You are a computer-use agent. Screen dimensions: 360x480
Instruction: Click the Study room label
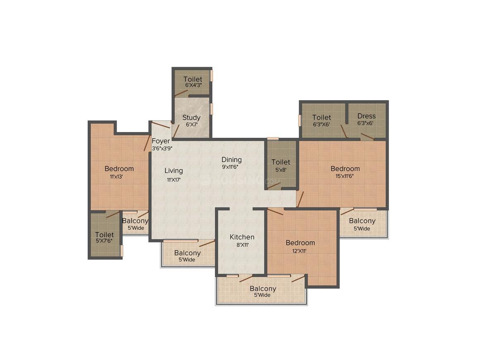[191, 118]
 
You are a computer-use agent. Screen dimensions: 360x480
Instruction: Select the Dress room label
[366, 116]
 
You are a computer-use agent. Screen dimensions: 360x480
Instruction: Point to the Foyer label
[161, 141]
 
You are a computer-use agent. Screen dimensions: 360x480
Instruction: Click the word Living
[173, 170]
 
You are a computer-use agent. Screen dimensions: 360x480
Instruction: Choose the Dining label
[231, 160]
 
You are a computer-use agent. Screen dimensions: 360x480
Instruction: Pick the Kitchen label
[242, 237]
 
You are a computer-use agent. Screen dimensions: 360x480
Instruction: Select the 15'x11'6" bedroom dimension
[345, 176]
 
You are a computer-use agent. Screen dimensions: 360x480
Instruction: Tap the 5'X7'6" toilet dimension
[104, 241]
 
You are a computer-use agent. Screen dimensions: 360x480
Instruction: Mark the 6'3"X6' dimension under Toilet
[322, 124]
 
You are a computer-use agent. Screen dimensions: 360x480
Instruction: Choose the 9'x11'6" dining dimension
[231, 167]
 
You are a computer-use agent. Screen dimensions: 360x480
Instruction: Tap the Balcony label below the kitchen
[263, 288]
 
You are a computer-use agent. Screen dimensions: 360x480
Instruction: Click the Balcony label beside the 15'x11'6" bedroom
[362, 221]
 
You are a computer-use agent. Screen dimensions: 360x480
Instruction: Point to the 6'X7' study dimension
[191, 125]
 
